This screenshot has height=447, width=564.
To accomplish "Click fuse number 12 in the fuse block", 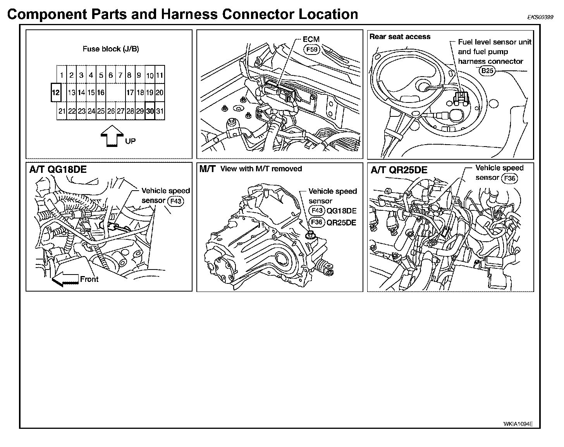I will click(x=56, y=92).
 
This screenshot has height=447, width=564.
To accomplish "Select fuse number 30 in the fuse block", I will click(x=150, y=111).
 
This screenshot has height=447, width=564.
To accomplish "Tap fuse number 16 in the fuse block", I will click(x=101, y=92).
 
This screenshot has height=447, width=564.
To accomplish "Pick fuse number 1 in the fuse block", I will click(x=62, y=75).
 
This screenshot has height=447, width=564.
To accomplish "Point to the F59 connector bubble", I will click(x=311, y=49).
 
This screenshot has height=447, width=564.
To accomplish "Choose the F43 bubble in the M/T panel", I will click(x=317, y=211).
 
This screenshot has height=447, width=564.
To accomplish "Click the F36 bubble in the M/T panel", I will click(x=317, y=222).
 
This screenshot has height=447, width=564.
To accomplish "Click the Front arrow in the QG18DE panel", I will click(x=64, y=280).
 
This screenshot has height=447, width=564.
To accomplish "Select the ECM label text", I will click(x=311, y=39).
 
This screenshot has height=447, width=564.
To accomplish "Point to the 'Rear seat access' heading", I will click(x=400, y=37).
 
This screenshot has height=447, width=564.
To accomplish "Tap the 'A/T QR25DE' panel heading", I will click(x=399, y=170).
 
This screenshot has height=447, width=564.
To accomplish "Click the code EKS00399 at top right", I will click(x=540, y=17).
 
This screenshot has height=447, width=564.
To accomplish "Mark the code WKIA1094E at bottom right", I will click(x=518, y=424).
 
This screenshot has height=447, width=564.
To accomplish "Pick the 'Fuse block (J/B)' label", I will click(x=111, y=49).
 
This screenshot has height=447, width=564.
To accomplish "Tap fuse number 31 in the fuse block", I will click(x=160, y=111).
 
